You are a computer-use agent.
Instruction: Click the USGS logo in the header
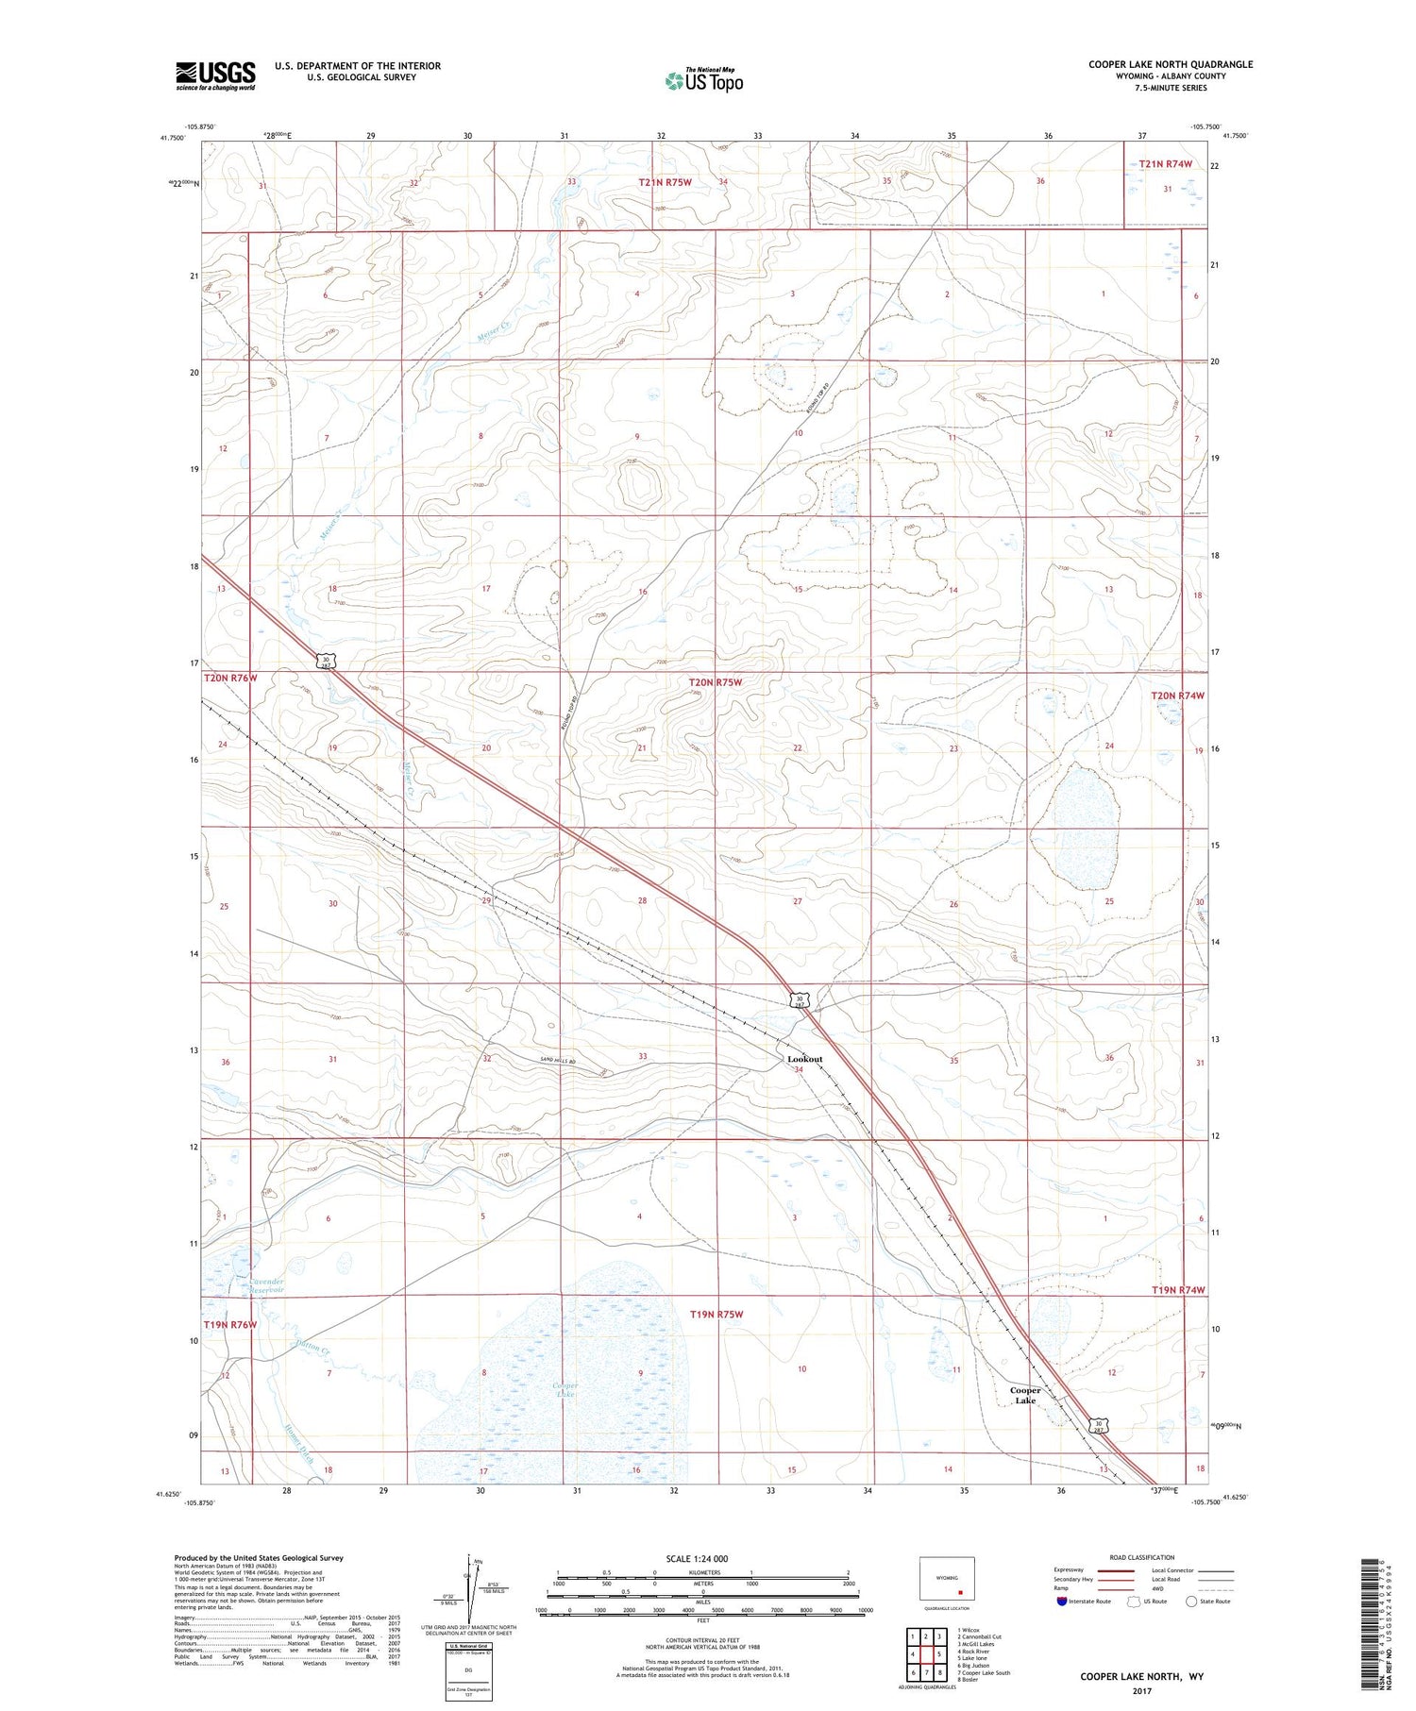click(x=215, y=75)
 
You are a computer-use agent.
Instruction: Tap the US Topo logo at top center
click(x=703, y=81)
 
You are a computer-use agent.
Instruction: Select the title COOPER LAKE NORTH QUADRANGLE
click(x=1171, y=64)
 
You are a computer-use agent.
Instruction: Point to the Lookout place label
click(x=804, y=1059)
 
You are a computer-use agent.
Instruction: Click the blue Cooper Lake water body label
click(x=565, y=1389)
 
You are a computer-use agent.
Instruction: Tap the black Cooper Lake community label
click(x=1025, y=1395)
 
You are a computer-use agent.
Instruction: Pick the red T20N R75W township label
click(x=716, y=681)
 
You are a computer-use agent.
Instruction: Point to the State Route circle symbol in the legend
click(x=1191, y=1601)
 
